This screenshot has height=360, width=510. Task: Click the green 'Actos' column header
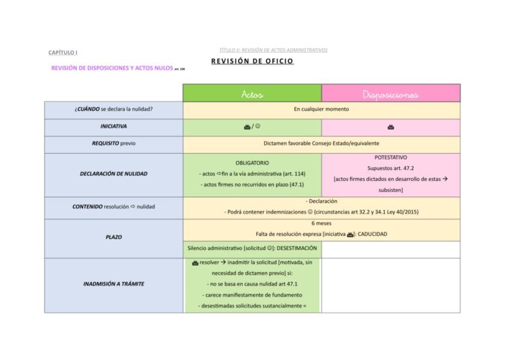coord(252,94)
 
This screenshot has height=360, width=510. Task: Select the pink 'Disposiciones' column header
coord(390,94)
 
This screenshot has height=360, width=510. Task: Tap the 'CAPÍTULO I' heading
coord(58,52)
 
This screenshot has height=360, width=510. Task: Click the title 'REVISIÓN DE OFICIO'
coord(252,61)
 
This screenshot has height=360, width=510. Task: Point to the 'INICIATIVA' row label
coord(114,127)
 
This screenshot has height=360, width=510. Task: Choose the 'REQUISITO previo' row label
coord(114,144)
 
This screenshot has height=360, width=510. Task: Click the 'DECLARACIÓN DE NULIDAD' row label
coord(114,174)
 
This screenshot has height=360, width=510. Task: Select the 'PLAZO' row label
coord(114,237)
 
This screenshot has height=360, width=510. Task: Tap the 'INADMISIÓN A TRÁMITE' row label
coord(114,284)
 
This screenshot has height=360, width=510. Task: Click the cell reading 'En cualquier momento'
coord(321,109)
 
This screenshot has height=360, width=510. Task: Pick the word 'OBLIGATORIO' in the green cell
coord(252,162)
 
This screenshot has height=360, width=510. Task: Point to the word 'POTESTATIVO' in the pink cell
coord(390,157)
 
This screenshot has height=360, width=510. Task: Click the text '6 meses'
coord(321,223)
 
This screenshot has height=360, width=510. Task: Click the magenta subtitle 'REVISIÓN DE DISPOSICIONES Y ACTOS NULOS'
coord(112,68)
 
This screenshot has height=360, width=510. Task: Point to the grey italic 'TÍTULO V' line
coord(274,50)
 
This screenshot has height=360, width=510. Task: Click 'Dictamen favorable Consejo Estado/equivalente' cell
coord(321,144)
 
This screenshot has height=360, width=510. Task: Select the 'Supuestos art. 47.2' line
coord(390,168)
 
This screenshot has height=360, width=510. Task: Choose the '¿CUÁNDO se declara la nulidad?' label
coord(114,109)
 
